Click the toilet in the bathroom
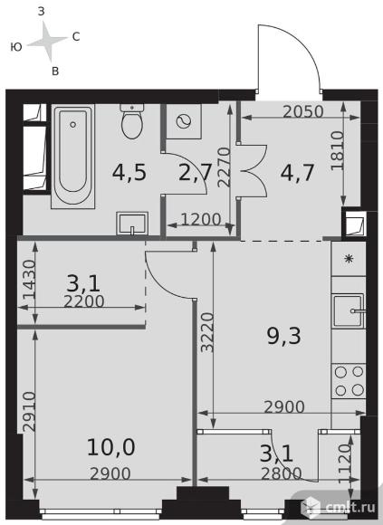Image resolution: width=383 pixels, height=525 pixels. (132, 121)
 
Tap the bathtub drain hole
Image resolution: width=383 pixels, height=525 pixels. (73, 125)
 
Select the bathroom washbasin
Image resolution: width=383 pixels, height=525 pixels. (132, 224)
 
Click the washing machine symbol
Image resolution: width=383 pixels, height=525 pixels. (184, 121)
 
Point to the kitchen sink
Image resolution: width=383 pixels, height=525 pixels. (349, 311)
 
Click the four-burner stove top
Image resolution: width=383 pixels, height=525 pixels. (349, 381)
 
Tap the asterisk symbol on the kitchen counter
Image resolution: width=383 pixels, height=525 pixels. (349, 259)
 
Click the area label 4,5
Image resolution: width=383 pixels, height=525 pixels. (129, 173)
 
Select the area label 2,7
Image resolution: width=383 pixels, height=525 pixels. (196, 173)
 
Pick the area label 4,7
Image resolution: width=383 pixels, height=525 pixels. (297, 173)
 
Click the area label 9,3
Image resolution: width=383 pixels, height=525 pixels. (283, 336)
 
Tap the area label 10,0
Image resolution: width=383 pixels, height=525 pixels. (110, 447)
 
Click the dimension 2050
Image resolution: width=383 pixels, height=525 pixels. (303, 112)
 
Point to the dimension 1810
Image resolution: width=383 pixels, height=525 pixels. (338, 150)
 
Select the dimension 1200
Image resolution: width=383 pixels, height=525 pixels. (201, 219)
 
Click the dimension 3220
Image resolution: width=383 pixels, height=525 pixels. (207, 332)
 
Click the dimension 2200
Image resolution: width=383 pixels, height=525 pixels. (84, 301)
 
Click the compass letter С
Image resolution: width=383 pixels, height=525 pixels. (76, 36)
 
